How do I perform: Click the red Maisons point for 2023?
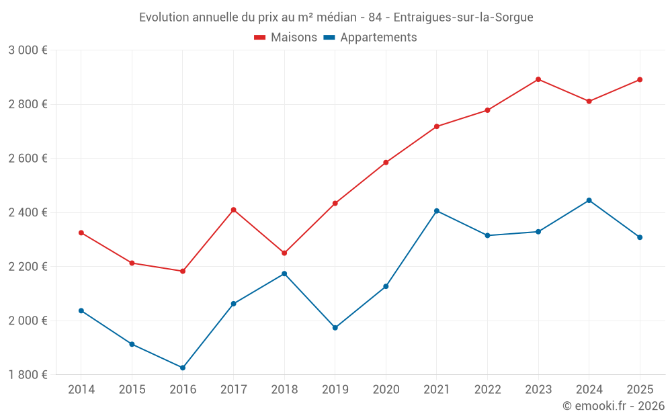(538, 79)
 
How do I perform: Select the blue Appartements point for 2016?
(183, 368)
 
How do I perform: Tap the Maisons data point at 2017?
(233, 210)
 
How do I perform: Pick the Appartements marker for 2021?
(437, 211)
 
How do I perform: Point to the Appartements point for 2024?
(589, 200)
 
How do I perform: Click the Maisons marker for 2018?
(284, 253)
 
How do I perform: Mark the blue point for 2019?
(335, 328)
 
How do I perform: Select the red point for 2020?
(386, 163)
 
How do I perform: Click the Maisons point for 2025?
(640, 80)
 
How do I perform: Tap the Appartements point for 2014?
(81, 310)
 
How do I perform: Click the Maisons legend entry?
(286, 38)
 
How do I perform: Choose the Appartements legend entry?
(370, 38)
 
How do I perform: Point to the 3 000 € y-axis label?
(28, 50)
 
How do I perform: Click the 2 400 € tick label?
(28, 212)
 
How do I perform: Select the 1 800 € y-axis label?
(28, 375)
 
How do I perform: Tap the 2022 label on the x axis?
(487, 390)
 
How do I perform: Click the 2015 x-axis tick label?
(132, 390)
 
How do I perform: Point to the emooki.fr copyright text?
(614, 406)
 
